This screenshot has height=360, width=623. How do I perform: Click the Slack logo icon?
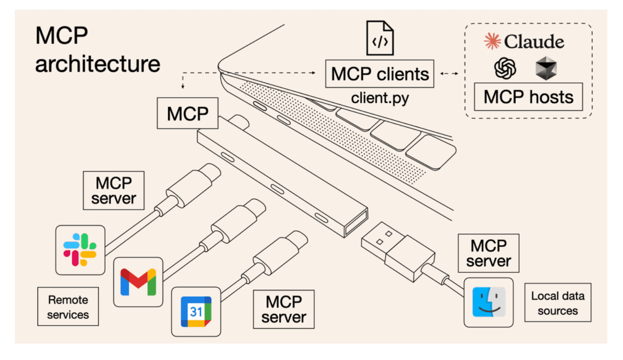point(80,250)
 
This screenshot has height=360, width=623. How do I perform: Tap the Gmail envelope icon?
point(138,282)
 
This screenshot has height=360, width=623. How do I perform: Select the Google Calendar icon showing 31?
point(196,312)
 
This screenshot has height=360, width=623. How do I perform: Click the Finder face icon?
point(489,302)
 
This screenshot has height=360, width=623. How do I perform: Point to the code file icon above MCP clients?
point(380,38)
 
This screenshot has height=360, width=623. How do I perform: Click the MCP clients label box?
point(380,74)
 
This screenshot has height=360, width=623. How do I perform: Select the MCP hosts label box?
point(529,97)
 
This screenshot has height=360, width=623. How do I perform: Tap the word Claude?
point(534,42)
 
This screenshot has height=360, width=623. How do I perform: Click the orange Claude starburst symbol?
point(492,41)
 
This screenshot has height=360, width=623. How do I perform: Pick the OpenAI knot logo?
point(505,68)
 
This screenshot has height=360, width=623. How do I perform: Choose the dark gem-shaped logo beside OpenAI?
point(546,68)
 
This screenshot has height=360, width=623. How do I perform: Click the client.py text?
point(380,98)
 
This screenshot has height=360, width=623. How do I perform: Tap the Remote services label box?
point(68,306)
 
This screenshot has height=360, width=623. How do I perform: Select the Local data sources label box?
point(558,303)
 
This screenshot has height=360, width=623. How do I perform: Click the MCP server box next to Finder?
point(489,253)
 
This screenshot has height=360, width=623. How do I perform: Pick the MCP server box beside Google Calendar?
point(283,310)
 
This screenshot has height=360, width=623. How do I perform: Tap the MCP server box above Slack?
point(114,191)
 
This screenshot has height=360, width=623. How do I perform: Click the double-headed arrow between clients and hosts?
point(450,74)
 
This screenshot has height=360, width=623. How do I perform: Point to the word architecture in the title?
point(98,64)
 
